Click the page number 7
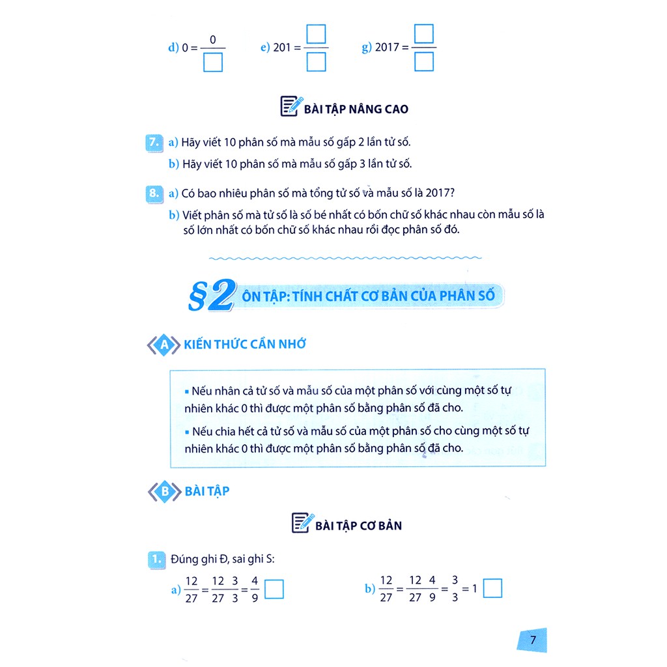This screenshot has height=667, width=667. coord(532,640)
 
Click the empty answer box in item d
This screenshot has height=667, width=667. coord(213,63)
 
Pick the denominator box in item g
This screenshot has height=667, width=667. coord(424,63)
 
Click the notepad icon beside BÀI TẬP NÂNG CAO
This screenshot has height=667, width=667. coord(291,106)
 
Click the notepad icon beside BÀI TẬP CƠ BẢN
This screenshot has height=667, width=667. coord(302,523)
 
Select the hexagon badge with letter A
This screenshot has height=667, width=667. coord(163,346)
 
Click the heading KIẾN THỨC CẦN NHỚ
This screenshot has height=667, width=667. coord(245,345)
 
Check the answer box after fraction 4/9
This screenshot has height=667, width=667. coord(276,590)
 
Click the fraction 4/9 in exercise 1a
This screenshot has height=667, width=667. coord(255,590)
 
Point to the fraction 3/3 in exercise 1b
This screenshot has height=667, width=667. coord(455,589)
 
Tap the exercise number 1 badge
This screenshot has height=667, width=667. coord(155,558)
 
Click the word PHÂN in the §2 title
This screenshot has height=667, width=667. coord(442,296)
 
